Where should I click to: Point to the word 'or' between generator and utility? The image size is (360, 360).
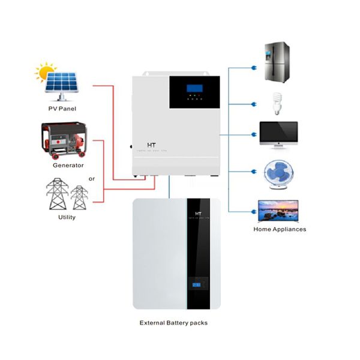coord(92,178)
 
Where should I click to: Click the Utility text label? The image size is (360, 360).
coord(67,217)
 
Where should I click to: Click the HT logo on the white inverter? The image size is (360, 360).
coord(152,146)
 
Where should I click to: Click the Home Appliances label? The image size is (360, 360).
coord(280,229)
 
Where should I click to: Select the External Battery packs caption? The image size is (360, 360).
coord(173,322)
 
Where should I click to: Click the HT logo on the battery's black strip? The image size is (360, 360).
coord(197,214)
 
